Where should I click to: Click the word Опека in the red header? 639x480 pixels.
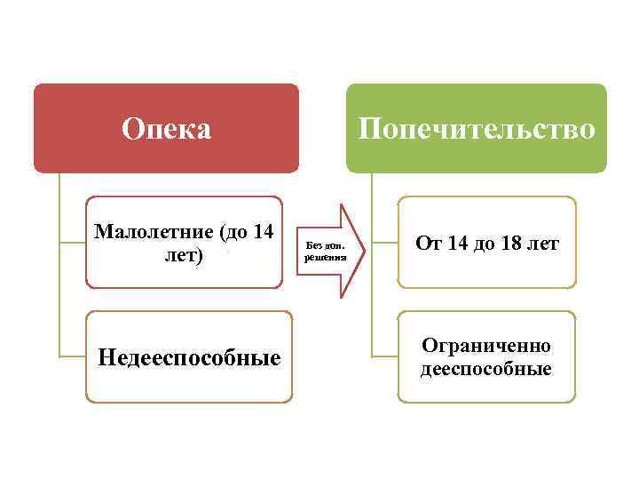[x=167, y=130]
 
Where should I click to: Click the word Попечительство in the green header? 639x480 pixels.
[x=476, y=130]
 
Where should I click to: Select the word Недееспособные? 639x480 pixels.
[x=189, y=357]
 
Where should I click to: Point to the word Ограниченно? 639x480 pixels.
[x=486, y=346]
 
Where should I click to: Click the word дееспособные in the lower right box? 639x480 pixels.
[x=486, y=368]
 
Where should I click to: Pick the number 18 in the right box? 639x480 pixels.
[x=512, y=244]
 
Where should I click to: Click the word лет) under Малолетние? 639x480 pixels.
[x=184, y=255]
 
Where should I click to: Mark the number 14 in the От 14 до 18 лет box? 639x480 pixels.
[x=458, y=244]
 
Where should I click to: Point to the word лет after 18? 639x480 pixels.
[x=543, y=244]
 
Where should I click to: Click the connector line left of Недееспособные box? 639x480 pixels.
[x=73, y=356]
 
